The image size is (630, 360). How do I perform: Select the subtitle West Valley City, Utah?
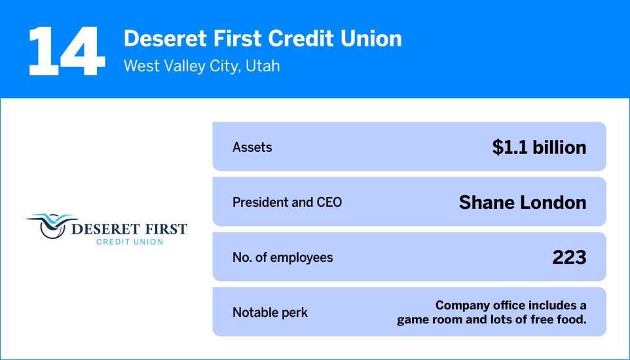pyautogui.click(x=202, y=66)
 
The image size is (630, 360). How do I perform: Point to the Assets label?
pyautogui.click(x=252, y=147)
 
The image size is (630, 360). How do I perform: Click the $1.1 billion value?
pyautogui.click(x=539, y=147)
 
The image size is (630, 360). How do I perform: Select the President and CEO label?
pyautogui.click(x=287, y=202)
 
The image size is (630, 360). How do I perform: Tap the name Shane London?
pyautogui.click(x=523, y=202)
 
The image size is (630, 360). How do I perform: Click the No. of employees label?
pyautogui.click(x=282, y=257)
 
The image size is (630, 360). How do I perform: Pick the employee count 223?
pyautogui.click(x=569, y=257)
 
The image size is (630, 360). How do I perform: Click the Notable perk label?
pyautogui.click(x=270, y=312)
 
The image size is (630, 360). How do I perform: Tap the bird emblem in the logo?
pyautogui.click(x=51, y=225)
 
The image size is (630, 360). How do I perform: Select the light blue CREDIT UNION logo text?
pyautogui.click(x=130, y=242)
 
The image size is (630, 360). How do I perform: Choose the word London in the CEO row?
pyautogui.click(x=555, y=202)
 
